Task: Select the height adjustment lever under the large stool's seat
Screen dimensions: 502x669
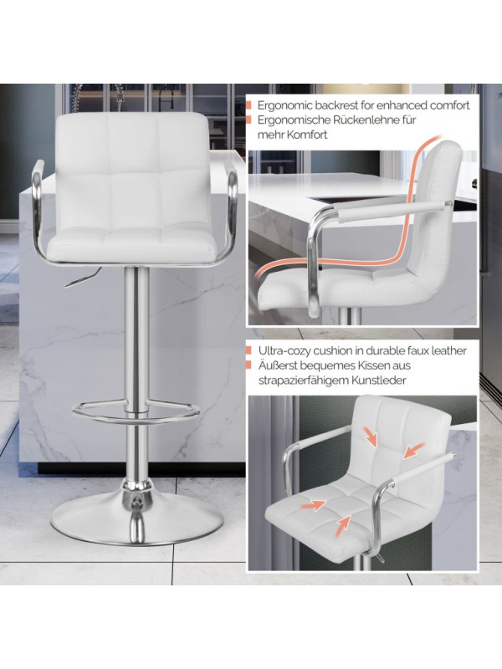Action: click(82, 277)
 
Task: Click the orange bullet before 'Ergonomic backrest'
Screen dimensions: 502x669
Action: click(248, 105)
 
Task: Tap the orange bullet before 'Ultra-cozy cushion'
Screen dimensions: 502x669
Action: click(248, 350)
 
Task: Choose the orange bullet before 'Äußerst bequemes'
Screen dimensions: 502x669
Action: click(248, 365)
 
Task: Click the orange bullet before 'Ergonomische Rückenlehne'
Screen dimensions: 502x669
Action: click(248, 120)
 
